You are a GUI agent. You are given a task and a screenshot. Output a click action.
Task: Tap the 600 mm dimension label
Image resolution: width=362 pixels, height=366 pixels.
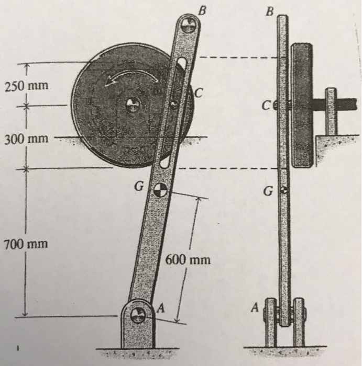[x=188, y=259]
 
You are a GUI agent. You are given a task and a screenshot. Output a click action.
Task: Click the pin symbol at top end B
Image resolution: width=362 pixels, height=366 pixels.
[x=188, y=24]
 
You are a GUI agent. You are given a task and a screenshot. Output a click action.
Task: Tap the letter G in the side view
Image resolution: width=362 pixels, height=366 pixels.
[x=268, y=192]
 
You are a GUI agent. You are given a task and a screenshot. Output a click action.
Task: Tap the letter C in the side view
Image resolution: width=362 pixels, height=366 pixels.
[x=268, y=106]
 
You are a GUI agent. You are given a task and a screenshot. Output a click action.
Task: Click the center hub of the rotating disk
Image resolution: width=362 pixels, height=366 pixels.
[x=132, y=105]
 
